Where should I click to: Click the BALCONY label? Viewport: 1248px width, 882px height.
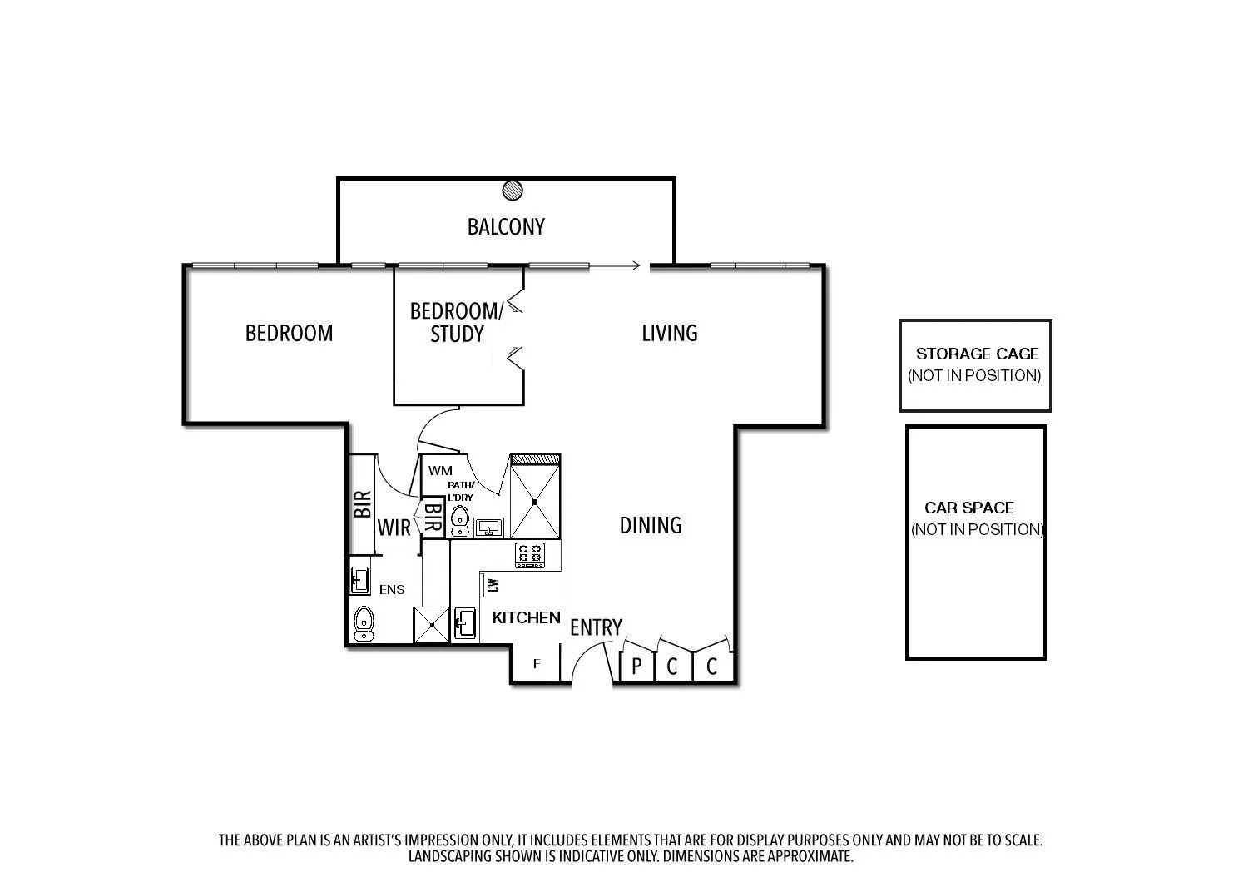(506, 226)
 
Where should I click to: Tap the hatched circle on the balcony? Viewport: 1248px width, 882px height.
(513, 191)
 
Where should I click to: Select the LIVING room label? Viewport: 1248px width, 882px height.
(669, 333)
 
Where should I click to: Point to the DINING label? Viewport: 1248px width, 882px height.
(651, 525)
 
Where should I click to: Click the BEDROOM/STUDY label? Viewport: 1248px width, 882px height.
(457, 323)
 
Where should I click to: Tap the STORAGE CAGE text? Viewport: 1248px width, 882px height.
(977, 354)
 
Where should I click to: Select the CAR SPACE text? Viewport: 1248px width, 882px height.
(968, 508)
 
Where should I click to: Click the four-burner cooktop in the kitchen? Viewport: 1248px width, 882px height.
(530, 555)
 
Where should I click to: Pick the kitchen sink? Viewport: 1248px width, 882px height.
(465, 623)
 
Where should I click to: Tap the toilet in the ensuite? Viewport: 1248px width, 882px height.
(364, 623)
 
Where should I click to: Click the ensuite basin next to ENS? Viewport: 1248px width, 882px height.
(359, 580)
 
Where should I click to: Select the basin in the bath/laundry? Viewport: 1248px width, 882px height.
(489, 527)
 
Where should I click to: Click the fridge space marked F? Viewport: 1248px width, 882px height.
(537, 664)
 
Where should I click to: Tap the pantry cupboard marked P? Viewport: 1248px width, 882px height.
(636, 666)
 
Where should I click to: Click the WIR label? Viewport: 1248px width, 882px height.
(394, 528)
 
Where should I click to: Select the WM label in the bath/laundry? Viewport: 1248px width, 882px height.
(440, 471)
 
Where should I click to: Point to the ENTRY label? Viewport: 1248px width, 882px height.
(596, 628)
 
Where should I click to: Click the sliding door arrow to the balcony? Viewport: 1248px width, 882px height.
(616, 265)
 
